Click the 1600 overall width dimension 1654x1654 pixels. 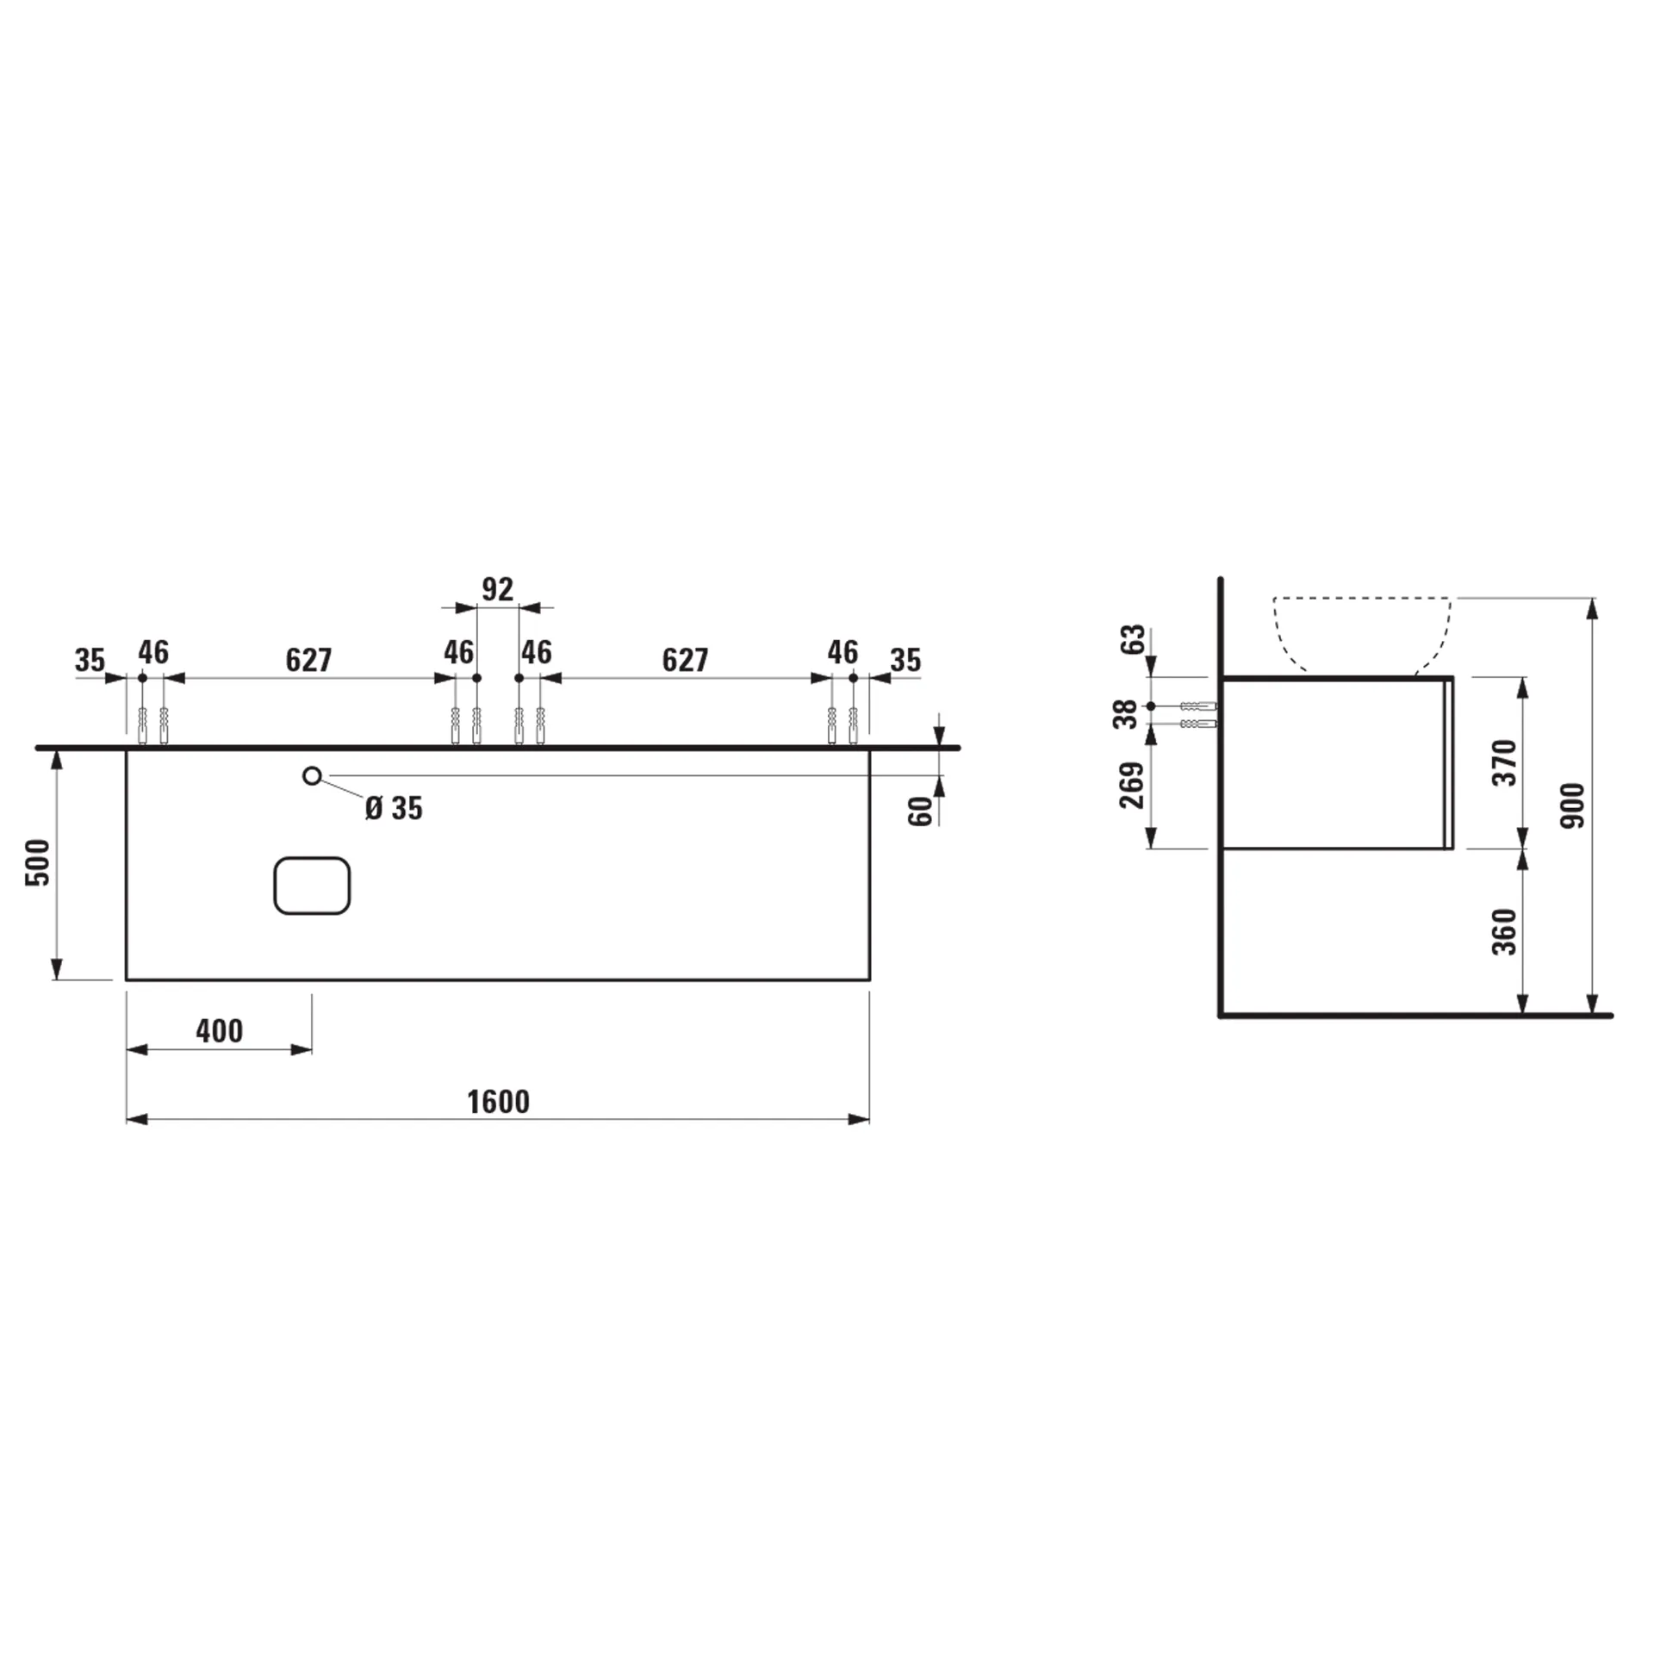pos(498,1102)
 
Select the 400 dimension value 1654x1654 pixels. pos(219,1031)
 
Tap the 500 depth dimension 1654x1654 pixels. pos(39,862)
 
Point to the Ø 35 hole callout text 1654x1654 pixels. pos(394,809)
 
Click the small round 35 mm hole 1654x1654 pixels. pos(312,776)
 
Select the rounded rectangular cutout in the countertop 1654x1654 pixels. pos(312,886)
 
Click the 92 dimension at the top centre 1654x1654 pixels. pos(497,590)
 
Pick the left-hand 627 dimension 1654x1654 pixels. pos(308,660)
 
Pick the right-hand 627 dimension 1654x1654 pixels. pos(685,660)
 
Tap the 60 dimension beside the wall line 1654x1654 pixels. pos(921,811)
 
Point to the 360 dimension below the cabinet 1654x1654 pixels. pos(1504,931)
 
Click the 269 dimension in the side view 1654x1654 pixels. pos(1131,785)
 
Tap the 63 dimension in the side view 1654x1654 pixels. pos(1135,639)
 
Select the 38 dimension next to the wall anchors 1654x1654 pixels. pos(1125,714)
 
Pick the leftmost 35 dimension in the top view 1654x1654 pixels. pos(90,661)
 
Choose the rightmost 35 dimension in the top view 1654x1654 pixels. pos(905,661)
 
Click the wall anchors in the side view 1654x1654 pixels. pos(1197,714)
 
